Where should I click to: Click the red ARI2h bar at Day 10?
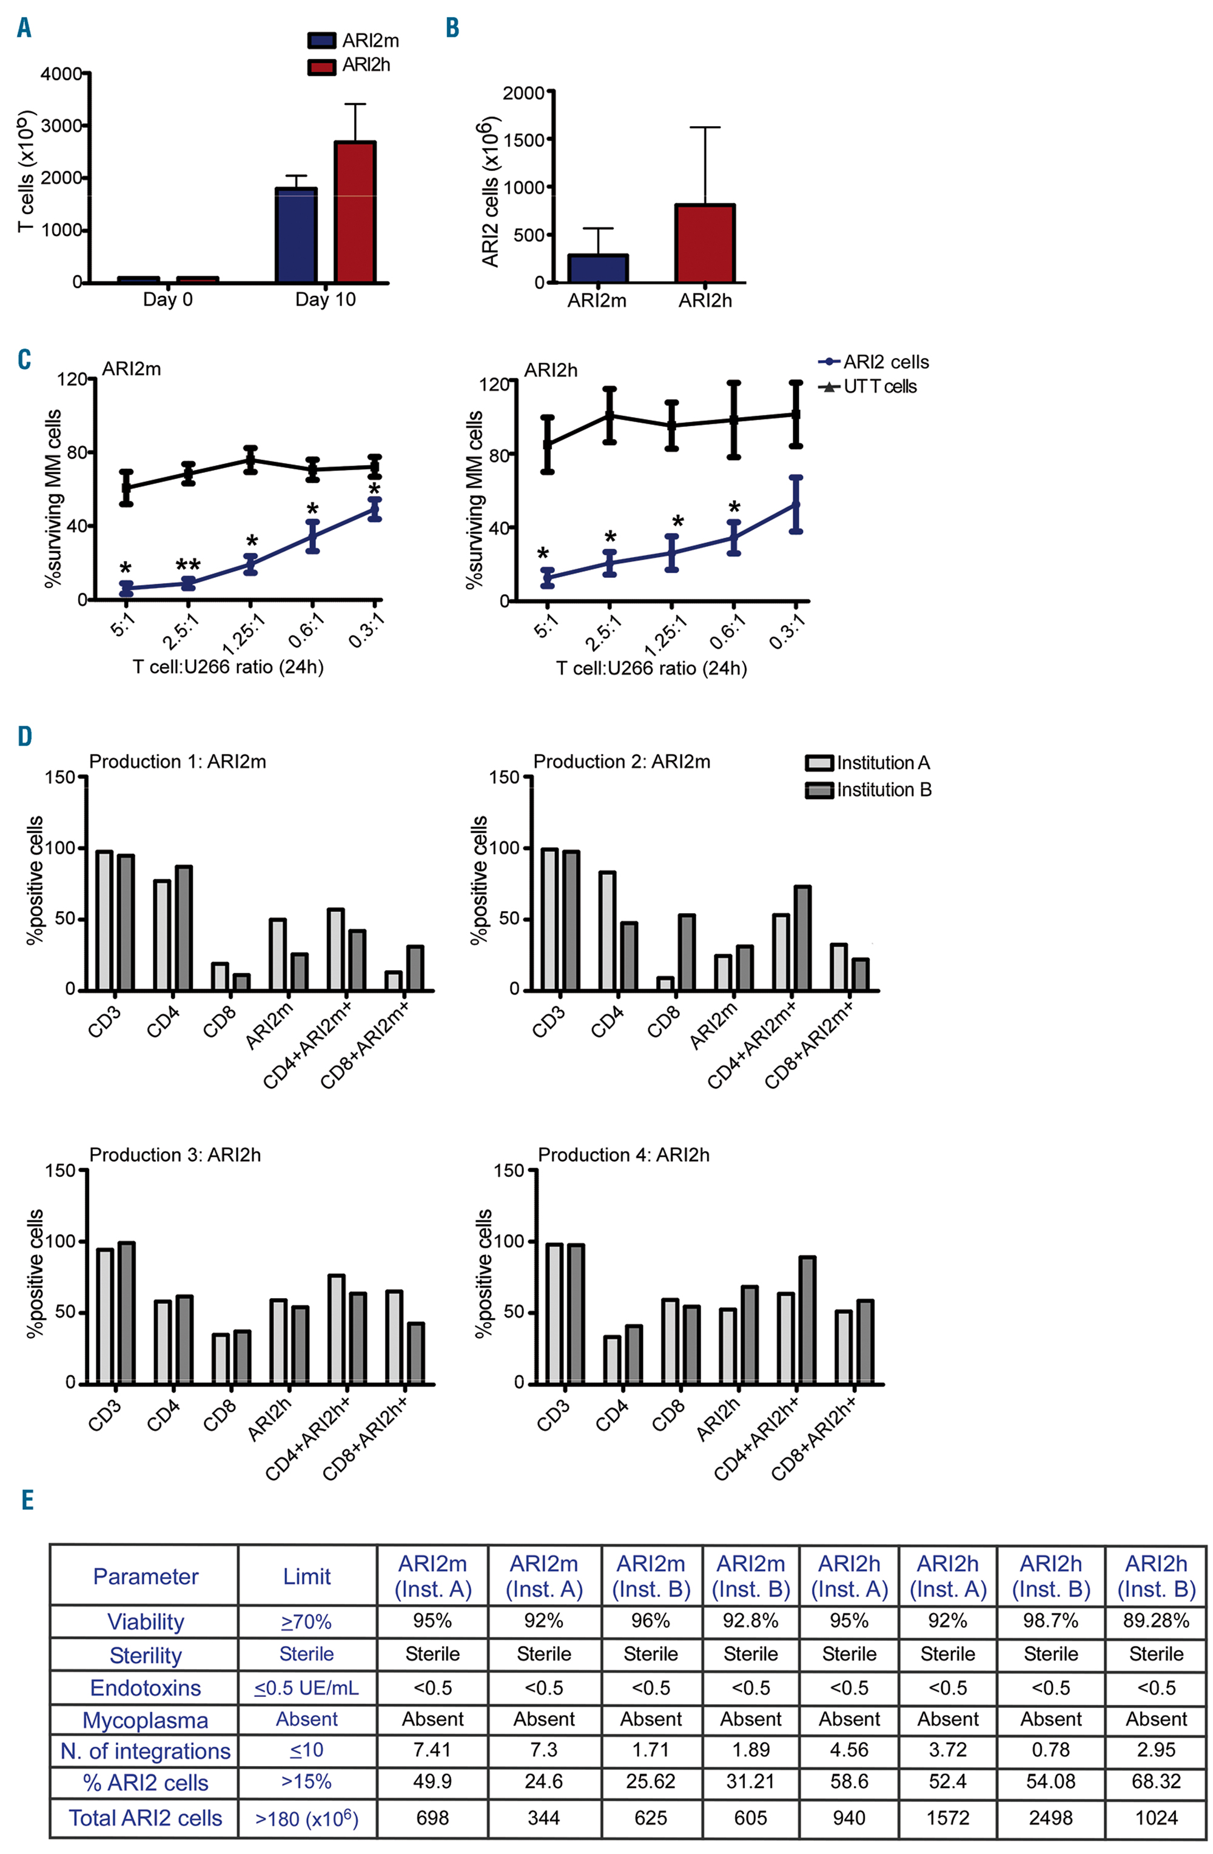click(354, 212)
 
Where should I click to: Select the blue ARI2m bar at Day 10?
click(296, 235)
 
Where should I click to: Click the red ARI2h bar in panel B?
click(705, 243)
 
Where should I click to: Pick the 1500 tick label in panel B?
click(523, 140)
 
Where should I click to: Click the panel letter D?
click(25, 736)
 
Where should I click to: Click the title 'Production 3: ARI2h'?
click(175, 1154)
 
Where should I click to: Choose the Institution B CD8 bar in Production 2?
click(687, 952)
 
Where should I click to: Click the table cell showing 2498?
click(1050, 1818)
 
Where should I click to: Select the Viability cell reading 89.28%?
click(1155, 1621)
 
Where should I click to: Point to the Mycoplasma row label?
click(145, 1720)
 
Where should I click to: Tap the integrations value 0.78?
click(1050, 1750)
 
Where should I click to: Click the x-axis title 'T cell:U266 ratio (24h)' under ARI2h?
click(651, 668)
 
